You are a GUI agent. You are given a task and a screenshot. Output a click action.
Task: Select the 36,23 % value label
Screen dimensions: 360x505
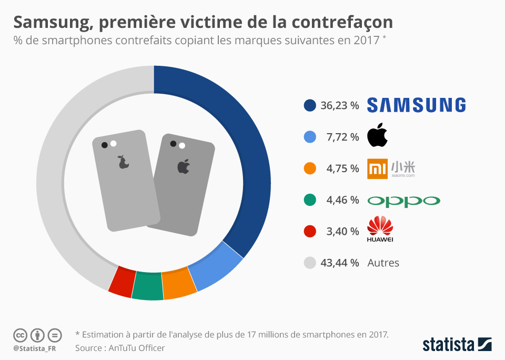pos(339,105)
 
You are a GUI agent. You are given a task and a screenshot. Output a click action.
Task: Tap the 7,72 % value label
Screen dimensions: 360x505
pos(342,137)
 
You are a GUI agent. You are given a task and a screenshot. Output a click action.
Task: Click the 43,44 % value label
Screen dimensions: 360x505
pos(339,263)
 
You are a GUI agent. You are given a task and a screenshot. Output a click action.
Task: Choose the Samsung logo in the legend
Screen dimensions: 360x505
pos(416,105)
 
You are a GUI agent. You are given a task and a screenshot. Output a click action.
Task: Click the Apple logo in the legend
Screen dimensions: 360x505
pos(377,136)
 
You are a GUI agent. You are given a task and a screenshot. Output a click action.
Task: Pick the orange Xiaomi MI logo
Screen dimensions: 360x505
pos(377,168)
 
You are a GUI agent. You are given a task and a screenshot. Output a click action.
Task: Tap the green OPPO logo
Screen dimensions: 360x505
pos(403,201)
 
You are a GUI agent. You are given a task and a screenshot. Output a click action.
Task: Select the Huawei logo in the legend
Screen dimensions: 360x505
pos(380,229)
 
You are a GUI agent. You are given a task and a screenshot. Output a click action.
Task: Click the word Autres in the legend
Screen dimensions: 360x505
pos(383,263)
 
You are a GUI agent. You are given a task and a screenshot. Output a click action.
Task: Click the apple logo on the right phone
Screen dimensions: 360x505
pos(183,167)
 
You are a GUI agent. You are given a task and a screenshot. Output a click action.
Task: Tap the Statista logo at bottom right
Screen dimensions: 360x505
pos(457,344)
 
